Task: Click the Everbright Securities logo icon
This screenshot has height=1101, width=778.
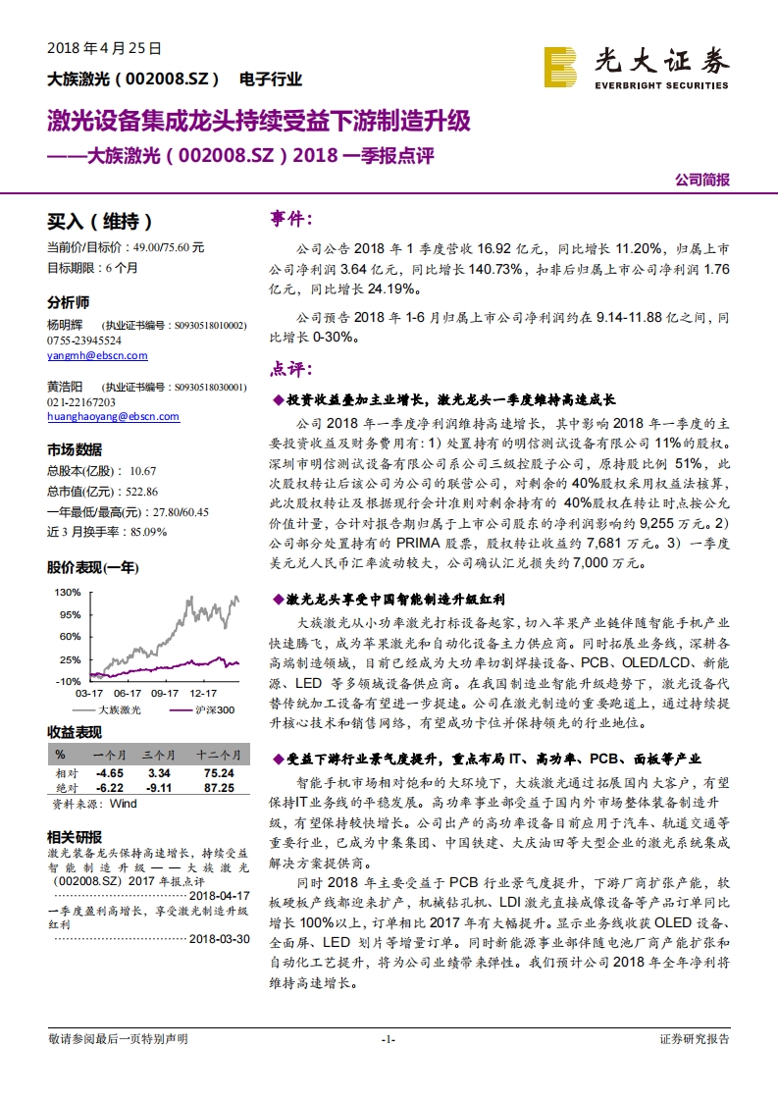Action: [564, 70]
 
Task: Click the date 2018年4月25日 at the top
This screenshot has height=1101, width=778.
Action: [104, 47]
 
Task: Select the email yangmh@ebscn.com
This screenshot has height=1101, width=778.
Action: [97, 355]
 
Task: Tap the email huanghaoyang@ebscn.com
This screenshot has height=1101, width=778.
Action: [113, 416]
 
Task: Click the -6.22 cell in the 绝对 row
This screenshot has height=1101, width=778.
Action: [109, 787]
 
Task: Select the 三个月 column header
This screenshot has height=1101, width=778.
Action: [159, 755]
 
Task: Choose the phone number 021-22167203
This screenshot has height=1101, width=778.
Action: [81, 401]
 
